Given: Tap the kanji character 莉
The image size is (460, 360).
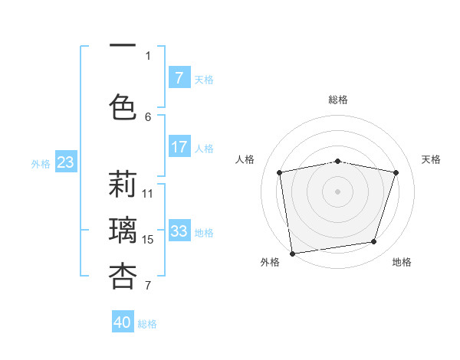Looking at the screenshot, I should pos(123,185).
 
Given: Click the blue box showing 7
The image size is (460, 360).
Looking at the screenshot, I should pos(179,77).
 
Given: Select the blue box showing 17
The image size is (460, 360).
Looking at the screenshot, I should pos(179,147).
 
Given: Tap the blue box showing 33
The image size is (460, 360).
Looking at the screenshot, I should pos(179,231).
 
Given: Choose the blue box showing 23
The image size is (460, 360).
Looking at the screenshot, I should pos(65,162).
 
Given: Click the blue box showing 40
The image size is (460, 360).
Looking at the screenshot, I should pos(123,322).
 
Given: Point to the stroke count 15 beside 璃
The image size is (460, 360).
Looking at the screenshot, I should pos(149,240).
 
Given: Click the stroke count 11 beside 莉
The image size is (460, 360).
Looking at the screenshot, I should pos(148,194).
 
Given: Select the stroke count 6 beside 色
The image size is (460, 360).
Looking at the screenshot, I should pos(148,116).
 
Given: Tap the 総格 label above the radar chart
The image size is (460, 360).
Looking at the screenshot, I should pos(338,100).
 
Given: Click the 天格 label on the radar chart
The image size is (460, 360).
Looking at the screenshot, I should pos(431,159).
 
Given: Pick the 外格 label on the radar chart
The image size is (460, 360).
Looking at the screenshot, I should pos(270,262).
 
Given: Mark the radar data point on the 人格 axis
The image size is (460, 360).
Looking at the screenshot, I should pos(280,172).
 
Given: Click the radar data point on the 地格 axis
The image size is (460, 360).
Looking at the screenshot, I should pos(374,242).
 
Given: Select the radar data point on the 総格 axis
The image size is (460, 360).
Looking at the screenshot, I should pos(338,161).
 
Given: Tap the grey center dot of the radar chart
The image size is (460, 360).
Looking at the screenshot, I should pos(338,191).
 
